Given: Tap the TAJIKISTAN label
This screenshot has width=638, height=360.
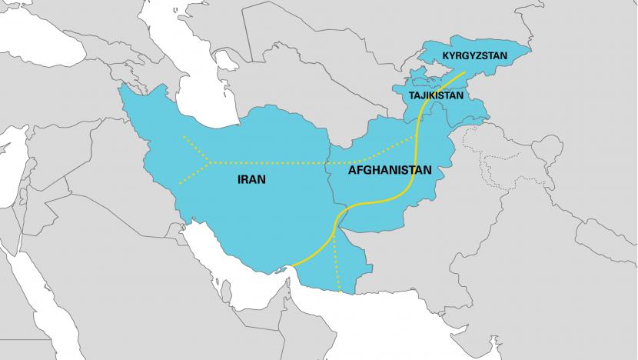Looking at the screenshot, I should click(x=436, y=96).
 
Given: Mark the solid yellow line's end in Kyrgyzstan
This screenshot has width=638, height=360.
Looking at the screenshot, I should click(x=464, y=74).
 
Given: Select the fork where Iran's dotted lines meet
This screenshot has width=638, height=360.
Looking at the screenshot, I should click(x=209, y=162).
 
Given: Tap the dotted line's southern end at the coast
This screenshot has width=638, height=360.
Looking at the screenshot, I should click(x=341, y=293).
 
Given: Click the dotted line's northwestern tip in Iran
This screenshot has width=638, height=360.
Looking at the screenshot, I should click(x=184, y=138).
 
